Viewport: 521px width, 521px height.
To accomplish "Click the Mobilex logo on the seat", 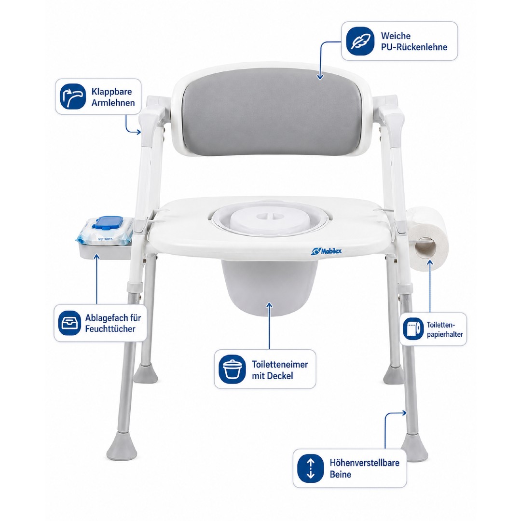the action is [x=326, y=251].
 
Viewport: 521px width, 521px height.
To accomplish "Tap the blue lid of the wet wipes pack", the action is [x=105, y=222].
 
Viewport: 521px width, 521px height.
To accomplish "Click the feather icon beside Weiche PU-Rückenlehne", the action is [x=360, y=41].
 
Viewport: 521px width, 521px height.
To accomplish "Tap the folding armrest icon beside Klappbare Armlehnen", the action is [x=73, y=96].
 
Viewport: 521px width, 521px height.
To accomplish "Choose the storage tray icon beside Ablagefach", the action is [x=70, y=323].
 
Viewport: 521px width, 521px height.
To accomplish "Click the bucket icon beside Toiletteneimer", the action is [x=232, y=369].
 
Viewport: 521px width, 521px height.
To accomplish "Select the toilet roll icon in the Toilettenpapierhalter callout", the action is [x=413, y=329].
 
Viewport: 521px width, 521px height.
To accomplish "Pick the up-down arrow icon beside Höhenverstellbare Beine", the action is [x=310, y=468].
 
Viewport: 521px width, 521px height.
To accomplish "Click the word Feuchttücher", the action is [x=110, y=329].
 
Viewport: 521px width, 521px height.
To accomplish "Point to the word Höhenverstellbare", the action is [x=365, y=463].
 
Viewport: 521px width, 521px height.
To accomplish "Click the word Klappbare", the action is [x=111, y=92].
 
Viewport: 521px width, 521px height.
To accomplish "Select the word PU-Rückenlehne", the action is [x=414, y=47].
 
